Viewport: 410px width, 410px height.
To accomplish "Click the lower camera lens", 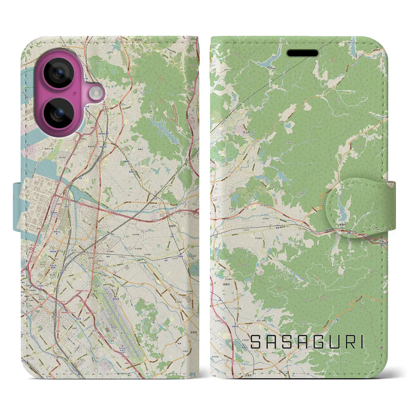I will pyautogui.click(x=59, y=112).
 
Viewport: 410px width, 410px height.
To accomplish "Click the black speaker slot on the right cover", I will pyautogui.click(x=302, y=53).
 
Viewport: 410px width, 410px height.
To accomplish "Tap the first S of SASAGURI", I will pyautogui.click(x=256, y=342).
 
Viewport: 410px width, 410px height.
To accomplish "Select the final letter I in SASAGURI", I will pyautogui.click(x=361, y=342).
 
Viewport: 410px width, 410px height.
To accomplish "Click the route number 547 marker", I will pyautogui.click(x=253, y=141).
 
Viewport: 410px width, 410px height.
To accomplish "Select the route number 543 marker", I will pyautogui.click(x=264, y=247).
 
